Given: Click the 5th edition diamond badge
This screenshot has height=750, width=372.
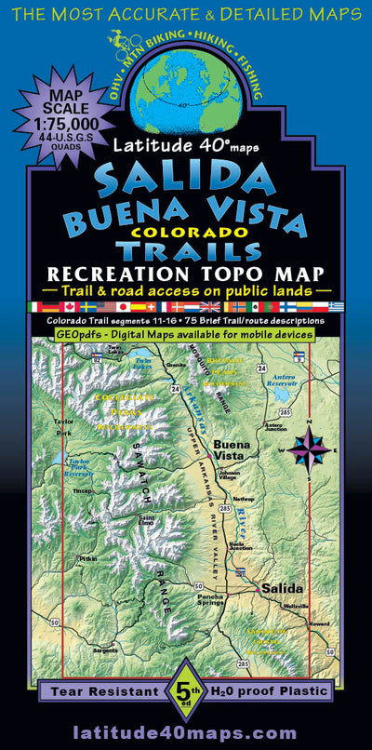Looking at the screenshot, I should click(185, 692).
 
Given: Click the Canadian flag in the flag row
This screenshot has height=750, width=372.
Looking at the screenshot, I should click(67, 306).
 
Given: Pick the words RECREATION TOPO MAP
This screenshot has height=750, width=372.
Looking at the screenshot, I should click(187, 275).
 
